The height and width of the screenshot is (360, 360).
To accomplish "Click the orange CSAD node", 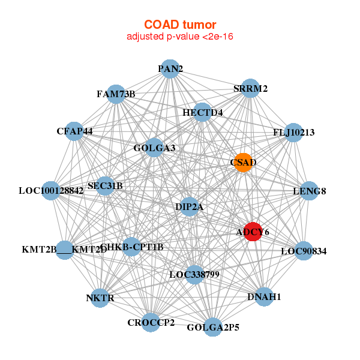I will coord(243,163).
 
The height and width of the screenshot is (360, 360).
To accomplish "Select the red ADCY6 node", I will coord(253,232).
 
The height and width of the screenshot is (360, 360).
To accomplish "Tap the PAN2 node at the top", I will coord(170,69).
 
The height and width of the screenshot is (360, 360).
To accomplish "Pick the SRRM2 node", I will coord(250,89).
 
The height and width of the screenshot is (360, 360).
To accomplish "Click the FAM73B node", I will coord(117,94).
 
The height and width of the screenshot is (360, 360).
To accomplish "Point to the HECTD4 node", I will coord(203,112).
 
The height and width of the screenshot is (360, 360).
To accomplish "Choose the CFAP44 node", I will coord(74,131).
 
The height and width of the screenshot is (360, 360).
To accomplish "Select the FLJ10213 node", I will coord(293,132).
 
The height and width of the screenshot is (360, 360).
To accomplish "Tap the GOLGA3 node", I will coord(155,148).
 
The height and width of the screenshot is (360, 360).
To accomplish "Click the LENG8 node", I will coord(309,191).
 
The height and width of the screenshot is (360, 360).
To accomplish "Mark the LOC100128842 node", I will coord(51,191).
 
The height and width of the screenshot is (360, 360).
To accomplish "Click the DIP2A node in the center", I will coord(190,207).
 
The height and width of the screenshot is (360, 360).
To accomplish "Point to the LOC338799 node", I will coord(194,275).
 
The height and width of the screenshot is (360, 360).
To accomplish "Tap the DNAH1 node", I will coord(264,296).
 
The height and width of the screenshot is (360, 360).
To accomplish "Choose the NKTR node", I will coord(100,298).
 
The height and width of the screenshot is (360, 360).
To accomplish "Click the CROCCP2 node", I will coord(151,322).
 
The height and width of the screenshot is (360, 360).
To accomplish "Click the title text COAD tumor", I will coord(179,25).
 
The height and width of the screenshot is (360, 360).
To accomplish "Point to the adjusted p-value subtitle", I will coord(179,37).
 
